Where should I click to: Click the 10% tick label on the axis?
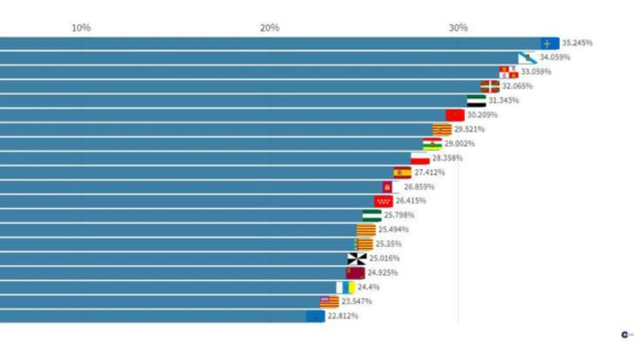click(x=81, y=27)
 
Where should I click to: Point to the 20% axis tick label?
click(x=269, y=27)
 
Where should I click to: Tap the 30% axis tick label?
click(x=457, y=27)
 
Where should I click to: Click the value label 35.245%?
click(x=577, y=42)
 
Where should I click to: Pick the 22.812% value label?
click(x=343, y=316)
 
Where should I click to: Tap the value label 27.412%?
click(x=429, y=172)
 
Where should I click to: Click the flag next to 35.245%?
click(x=549, y=42)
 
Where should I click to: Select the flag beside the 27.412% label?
click(x=402, y=172)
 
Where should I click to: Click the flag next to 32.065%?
click(x=489, y=86)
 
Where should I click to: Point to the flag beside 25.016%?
click(x=357, y=258)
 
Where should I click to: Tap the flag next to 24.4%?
click(x=346, y=287)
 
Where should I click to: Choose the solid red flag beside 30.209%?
click(x=454, y=115)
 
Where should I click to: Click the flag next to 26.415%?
click(x=383, y=201)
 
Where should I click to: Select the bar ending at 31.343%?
click(x=233, y=100)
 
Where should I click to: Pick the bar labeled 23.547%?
click(x=158, y=301)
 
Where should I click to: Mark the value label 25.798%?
click(x=399, y=215)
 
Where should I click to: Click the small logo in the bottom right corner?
click(x=626, y=334)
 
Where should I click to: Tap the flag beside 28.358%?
click(x=420, y=158)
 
